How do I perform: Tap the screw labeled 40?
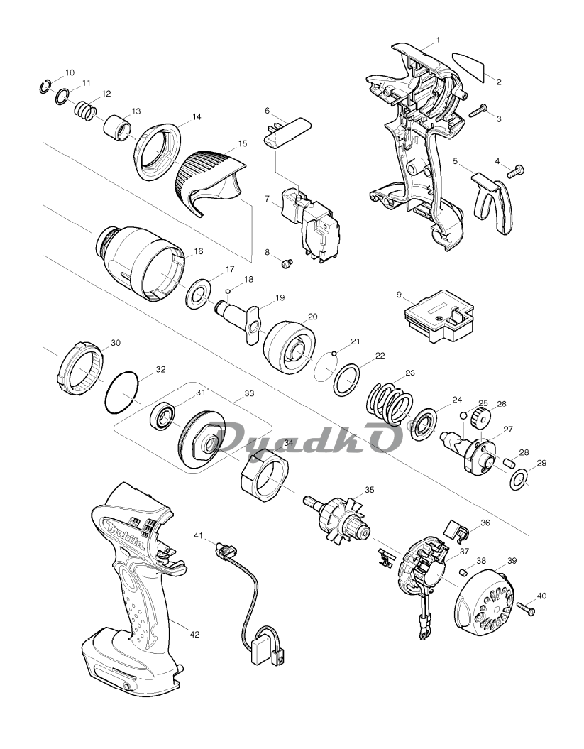(x=525, y=607)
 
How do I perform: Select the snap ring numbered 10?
(x=45, y=87)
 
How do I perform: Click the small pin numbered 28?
(x=509, y=463)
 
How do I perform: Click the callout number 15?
(x=243, y=143)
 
